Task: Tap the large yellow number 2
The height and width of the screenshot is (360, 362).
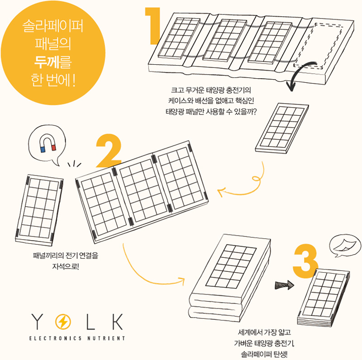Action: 109,151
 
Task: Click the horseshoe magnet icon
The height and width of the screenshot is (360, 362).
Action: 48,143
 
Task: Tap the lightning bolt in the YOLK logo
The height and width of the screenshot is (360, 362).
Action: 63,321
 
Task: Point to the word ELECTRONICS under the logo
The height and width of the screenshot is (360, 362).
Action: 55,338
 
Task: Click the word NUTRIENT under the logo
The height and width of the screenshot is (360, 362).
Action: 106,338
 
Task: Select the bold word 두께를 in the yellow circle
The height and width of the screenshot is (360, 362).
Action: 53,62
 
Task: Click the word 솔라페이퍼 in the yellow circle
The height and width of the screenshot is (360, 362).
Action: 53,26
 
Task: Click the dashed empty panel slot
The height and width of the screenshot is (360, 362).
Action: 319,46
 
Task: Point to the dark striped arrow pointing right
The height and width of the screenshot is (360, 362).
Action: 285,285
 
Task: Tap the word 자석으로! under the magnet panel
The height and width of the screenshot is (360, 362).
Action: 66,266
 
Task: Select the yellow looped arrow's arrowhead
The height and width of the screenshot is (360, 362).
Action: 221,192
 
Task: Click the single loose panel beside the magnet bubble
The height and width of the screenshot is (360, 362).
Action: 39,210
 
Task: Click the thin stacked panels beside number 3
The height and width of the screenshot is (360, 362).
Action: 323,298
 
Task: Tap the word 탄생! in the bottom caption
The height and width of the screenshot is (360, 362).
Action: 280,354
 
